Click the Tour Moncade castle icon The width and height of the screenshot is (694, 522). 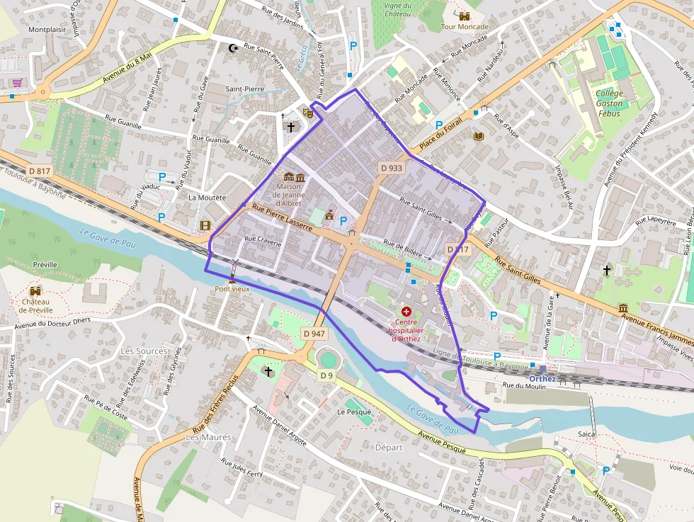pyautogui.click(x=465, y=16)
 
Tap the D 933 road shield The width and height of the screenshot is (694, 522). pyautogui.click(x=391, y=168)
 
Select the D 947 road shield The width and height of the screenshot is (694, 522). pyautogui.click(x=314, y=333)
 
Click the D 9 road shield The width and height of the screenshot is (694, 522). pyautogui.click(x=326, y=375)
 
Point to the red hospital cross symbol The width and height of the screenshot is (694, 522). pyautogui.click(x=406, y=311)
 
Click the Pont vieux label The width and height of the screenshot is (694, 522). pyautogui.click(x=232, y=289)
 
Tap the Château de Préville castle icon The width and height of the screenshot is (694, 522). pyautogui.click(x=35, y=290)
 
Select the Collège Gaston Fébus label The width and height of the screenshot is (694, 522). pyautogui.click(x=610, y=103)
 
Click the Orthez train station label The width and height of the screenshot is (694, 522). pyautogui.click(x=542, y=378)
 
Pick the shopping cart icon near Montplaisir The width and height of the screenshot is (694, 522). pyautogui.click(x=16, y=83)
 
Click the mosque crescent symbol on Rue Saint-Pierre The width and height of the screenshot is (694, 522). pyautogui.click(x=233, y=48)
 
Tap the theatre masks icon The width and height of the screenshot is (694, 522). pyautogui.click(x=307, y=112)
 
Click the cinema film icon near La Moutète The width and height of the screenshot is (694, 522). pyautogui.click(x=205, y=225)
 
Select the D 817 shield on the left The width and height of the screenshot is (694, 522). pyautogui.click(x=40, y=171)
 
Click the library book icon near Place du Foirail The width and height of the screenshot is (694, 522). pyautogui.click(x=478, y=135)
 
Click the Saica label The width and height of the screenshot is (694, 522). pyautogui.click(x=586, y=433)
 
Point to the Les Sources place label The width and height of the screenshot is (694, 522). pyautogui.click(x=144, y=351)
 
